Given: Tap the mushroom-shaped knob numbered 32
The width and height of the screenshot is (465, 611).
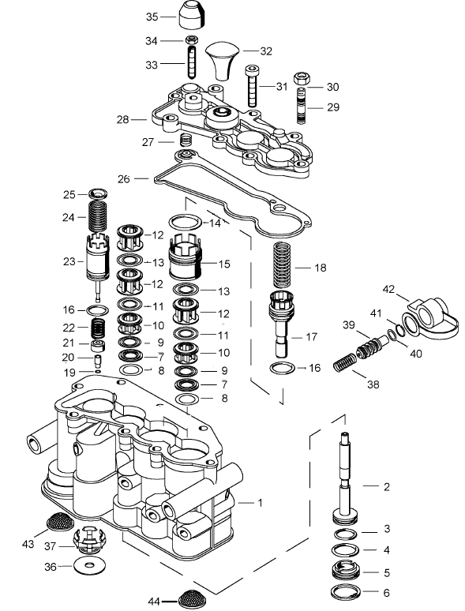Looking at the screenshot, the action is [223, 61].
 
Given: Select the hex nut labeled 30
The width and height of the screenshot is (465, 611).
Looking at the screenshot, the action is [302, 79].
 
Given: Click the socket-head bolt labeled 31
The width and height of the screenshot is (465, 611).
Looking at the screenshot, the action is [252, 86].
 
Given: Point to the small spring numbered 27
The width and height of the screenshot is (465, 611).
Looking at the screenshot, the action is [186, 140].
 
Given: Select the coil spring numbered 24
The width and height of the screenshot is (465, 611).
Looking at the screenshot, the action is [96, 216].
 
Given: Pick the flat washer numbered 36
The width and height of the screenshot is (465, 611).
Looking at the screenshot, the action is [90, 564].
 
